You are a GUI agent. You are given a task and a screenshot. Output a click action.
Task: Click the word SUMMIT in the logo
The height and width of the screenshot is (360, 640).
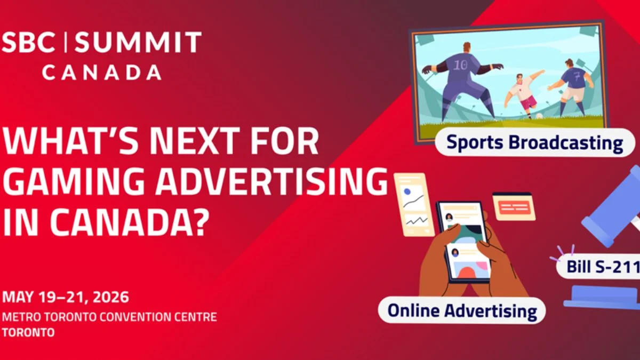point(138,42)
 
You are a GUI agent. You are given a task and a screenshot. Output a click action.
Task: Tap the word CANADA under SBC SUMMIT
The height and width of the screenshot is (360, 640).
point(102,72)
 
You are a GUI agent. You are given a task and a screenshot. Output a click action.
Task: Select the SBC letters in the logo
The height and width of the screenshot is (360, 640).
point(29,42)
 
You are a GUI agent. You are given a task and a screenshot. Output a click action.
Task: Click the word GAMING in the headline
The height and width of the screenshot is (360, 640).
point(74,181)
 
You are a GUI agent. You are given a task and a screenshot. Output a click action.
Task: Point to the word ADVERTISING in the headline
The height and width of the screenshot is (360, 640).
point(271,181)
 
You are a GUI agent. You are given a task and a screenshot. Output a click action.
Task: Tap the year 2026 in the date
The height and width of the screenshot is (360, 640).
point(111,297)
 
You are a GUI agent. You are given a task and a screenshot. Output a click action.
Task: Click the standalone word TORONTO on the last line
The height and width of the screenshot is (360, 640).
point(28,333)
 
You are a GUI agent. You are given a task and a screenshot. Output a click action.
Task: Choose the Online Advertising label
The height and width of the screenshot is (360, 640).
point(462,310)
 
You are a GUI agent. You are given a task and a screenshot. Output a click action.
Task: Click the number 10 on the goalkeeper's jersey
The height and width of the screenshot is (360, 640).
point(461,66)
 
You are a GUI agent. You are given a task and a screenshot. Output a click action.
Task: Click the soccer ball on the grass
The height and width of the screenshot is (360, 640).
point(539,116)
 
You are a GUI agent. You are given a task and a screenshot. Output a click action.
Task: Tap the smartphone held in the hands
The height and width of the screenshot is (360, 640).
point(463,242)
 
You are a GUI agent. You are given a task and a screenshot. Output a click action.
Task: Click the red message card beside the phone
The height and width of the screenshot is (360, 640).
point(514,206)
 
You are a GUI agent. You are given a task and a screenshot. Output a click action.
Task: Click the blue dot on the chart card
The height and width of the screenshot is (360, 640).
point(407,191)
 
